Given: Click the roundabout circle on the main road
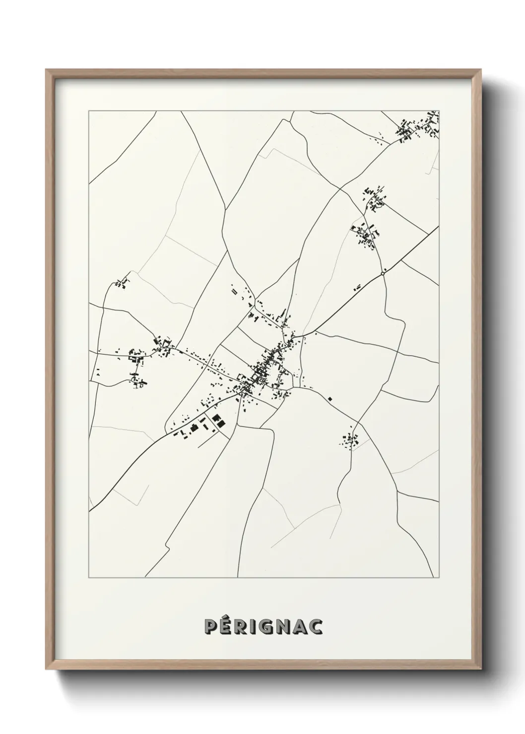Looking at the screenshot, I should [383, 273].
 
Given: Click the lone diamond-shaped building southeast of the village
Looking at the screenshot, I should [329, 398].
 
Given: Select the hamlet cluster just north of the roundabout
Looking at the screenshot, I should [366, 233].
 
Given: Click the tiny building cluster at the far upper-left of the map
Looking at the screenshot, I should [121, 284].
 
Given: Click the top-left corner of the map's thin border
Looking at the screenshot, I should [89, 112].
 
